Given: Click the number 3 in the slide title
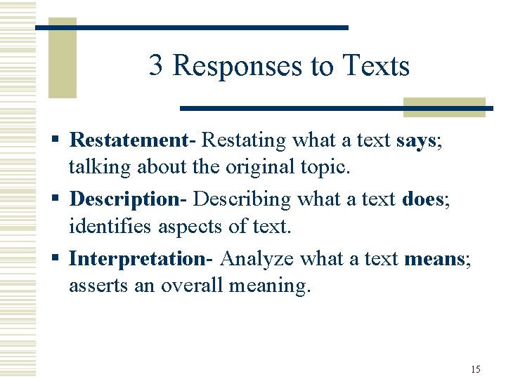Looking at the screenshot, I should (157, 66).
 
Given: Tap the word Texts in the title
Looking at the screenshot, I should (376, 66).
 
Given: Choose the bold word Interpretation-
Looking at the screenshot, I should (141, 258).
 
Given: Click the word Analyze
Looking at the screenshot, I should (257, 258).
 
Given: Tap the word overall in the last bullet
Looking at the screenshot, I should (191, 286).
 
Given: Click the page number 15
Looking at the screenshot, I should (476, 369).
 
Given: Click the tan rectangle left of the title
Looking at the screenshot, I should (62, 60).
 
